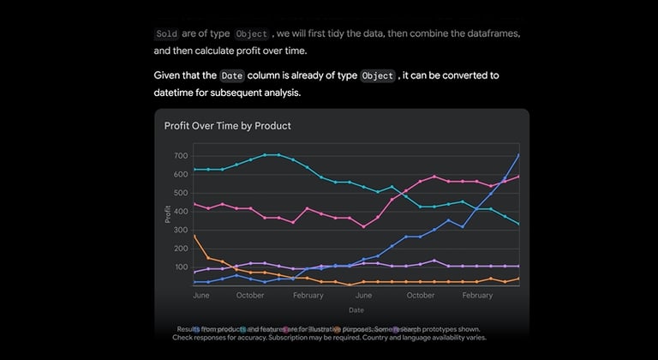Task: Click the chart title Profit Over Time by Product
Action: [x=227, y=126]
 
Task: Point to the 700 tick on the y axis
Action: [x=180, y=156]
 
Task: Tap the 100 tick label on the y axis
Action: [x=180, y=267]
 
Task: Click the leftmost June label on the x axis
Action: [x=201, y=295]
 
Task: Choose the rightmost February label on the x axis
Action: [x=477, y=295]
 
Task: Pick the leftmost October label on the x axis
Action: [x=250, y=295]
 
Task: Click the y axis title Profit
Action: [x=168, y=215]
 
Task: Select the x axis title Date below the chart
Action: [x=356, y=309]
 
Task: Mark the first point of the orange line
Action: [x=194, y=236]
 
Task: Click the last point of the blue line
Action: [x=519, y=155]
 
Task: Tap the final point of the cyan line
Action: [x=519, y=224]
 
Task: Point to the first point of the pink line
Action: [x=194, y=204]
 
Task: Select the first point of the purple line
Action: [x=194, y=272]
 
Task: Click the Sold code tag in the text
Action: [x=166, y=34]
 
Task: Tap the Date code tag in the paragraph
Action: [x=231, y=75]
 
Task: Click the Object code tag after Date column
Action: [x=378, y=75]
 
